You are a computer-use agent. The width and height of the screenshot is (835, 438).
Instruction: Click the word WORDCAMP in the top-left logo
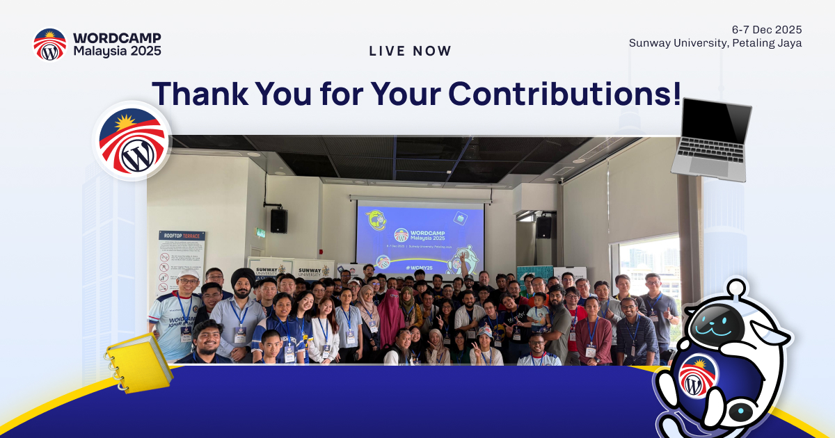tap(116, 38)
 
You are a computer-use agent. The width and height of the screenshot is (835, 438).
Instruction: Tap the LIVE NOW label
tap(410, 51)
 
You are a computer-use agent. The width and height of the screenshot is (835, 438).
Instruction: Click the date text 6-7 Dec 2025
tap(767, 29)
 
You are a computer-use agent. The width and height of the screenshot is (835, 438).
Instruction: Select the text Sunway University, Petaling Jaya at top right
tap(715, 43)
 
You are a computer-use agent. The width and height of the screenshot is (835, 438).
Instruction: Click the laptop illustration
tap(711, 139)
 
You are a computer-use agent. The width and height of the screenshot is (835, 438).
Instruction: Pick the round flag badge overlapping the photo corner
tap(132, 141)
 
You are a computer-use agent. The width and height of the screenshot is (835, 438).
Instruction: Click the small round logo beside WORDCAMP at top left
tap(50, 44)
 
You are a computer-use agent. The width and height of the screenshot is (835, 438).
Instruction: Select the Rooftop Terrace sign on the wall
tap(182, 261)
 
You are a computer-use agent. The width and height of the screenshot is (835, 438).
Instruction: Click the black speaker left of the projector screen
tap(278, 220)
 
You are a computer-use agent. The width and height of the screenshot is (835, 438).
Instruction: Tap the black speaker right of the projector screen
tap(543, 226)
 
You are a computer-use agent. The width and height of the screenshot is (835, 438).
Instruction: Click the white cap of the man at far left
tap(188, 275)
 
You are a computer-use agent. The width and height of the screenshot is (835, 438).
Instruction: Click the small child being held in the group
tap(537, 307)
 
